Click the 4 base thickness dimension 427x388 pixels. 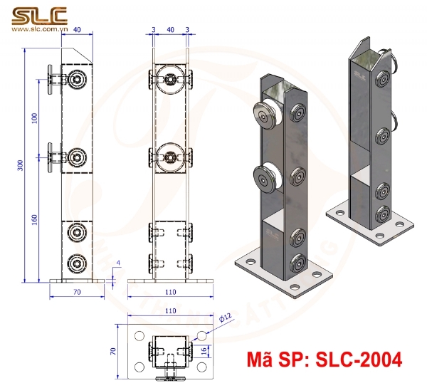coord(118,264)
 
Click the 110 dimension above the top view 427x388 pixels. coord(169,311)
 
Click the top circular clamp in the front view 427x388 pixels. coord(170,78)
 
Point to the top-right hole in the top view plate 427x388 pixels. coord(201,335)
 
